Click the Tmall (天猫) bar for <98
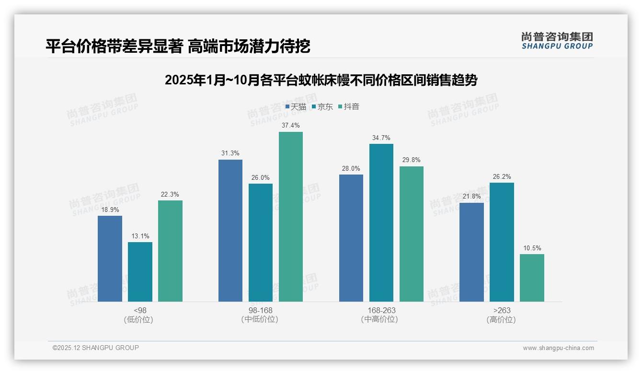[110, 258]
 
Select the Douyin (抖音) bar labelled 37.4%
[291, 217]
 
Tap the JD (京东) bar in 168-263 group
[381, 222]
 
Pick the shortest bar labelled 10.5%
[532, 278]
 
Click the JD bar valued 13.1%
[140, 271]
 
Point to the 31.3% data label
[230, 153]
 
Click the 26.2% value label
[502, 176]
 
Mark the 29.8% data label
[412, 160]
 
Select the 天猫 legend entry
[296, 106]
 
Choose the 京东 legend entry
[322, 106]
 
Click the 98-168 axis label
[260, 310]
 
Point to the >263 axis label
[501, 310]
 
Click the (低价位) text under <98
[139, 319]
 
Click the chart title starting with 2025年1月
[321, 80]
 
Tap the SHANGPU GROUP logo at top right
[557, 40]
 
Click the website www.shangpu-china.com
[558, 348]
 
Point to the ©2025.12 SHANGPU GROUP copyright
[96, 348]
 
